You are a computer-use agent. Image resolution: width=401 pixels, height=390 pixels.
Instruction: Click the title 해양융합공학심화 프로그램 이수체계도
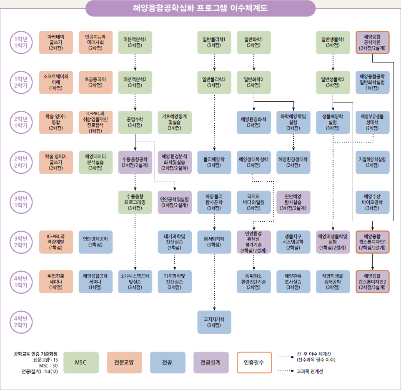[200, 8]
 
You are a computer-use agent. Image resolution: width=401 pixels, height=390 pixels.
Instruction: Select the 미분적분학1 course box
[135, 42]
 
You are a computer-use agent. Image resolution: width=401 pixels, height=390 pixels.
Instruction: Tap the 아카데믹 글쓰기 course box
[56, 42]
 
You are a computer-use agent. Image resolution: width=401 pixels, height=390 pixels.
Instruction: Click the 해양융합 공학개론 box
[372, 42]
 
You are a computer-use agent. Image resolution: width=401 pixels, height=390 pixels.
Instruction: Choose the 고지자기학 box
[214, 322]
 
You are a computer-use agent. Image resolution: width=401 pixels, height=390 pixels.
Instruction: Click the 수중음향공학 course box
[135, 162]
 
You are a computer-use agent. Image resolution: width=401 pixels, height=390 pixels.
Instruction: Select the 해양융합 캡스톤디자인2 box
[372, 282]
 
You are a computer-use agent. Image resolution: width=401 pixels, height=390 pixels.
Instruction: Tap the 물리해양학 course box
[214, 162]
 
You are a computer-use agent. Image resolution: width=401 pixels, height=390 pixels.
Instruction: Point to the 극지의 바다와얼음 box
[253, 202]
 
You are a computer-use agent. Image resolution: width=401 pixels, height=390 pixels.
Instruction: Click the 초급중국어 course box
[95, 82]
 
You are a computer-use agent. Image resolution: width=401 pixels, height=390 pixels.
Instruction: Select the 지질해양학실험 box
[372, 162]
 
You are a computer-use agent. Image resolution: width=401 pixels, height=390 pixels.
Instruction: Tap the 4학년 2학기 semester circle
[19, 322]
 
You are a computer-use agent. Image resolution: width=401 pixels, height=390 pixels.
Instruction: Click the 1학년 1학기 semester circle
[19, 42]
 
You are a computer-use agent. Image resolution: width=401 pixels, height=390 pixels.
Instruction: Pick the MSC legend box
[81, 362]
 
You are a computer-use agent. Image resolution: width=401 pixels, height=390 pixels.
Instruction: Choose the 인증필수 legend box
[254, 362]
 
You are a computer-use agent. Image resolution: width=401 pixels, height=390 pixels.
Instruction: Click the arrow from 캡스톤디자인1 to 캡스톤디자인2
[372, 262]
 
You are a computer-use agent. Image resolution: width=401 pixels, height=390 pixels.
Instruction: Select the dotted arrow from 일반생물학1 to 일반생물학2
[333, 62]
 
